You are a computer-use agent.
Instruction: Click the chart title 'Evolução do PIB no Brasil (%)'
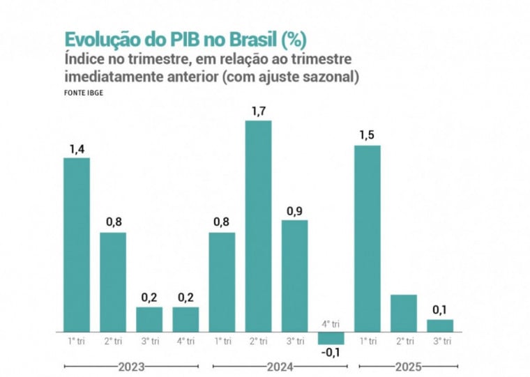(185, 38)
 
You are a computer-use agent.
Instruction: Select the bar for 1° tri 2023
(77, 244)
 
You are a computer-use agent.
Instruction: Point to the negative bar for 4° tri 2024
(331, 337)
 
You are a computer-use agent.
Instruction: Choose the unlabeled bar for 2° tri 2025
(404, 312)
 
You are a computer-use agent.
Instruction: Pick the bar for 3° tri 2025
(440, 325)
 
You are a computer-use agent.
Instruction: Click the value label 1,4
(77, 148)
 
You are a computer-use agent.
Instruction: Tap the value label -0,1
(331, 353)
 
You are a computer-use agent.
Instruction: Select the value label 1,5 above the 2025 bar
(368, 135)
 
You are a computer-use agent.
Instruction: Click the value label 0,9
(294, 210)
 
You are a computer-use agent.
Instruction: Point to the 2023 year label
(130, 366)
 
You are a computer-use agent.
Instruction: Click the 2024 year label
(279, 366)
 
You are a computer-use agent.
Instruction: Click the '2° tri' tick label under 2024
(258, 341)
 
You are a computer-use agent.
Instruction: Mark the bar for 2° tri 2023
(113, 282)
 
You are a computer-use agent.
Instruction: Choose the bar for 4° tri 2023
(185, 318)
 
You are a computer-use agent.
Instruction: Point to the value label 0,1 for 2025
(440, 309)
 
